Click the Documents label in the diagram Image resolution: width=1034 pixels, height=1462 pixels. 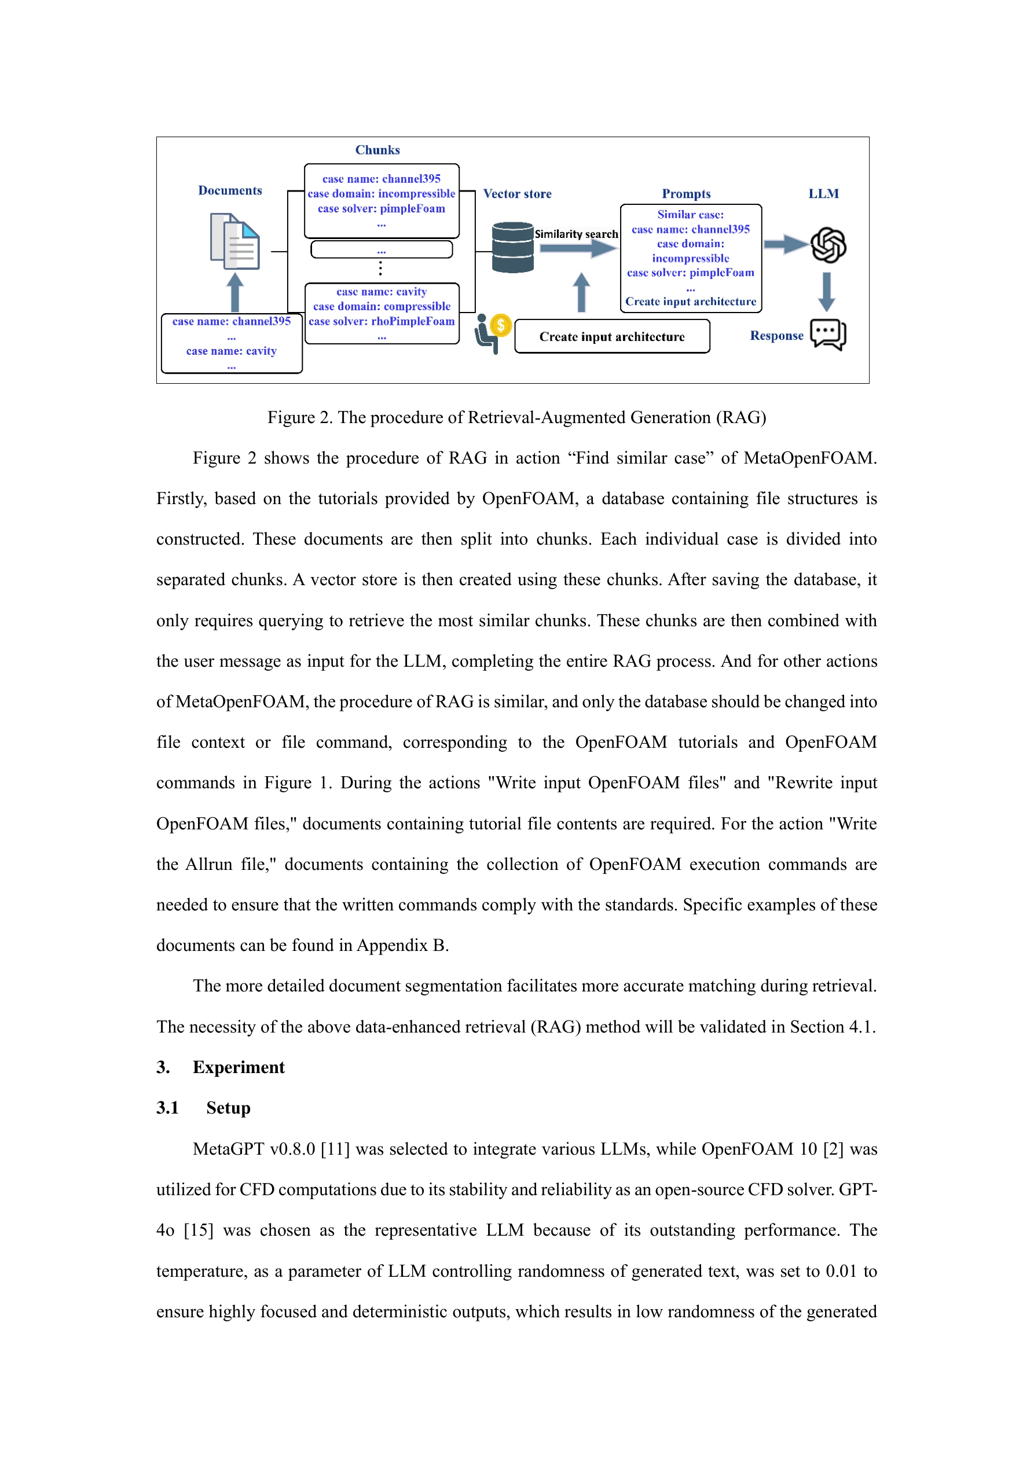pos(230,190)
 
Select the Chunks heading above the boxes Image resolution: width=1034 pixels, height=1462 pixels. pos(377,150)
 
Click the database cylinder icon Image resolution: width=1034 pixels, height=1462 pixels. pos(512,247)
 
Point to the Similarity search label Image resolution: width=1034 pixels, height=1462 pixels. pos(576,234)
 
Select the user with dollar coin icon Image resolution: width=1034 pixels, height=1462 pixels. pos(493,332)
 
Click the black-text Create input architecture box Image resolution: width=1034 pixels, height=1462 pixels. pos(611,336)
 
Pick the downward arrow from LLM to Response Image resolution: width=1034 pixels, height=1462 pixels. pos(826,292)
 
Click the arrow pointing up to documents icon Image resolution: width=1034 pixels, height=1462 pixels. pos(235,292)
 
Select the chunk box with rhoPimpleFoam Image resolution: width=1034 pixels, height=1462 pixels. pos(382,313)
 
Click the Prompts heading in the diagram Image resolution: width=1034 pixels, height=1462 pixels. pos(685,193)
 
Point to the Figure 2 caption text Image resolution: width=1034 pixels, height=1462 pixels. pos(516,417)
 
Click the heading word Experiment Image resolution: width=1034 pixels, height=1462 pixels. pos(239,1067)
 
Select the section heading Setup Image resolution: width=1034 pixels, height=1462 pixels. pos(228,1108)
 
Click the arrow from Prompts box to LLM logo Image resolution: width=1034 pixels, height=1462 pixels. pos(785,244)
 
